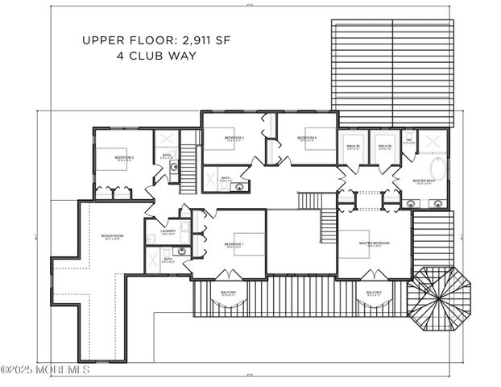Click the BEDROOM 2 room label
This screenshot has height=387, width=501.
pyautogui.click(x=123, y=157)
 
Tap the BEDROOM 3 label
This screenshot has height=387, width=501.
pyautogui.click(x=234, y=138)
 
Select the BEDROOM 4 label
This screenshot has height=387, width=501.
pyautogui.click(x=307, y=138)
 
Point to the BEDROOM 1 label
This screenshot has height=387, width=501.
pyautogui.click(x=234, y=243)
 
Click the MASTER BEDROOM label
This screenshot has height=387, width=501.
pyautogui.click(x=374, y=243)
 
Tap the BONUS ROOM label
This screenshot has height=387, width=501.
pyautogui.click(x=112, y=235)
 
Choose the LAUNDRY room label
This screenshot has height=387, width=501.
pyautogui.click(x=168, y=231)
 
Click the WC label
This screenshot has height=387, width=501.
pyautogui.click(x=409, y=140)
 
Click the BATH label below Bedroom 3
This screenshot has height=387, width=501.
pyautogui.click(x=226, y=178)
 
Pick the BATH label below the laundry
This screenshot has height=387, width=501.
pyautogui.click(x=168, y=259)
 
